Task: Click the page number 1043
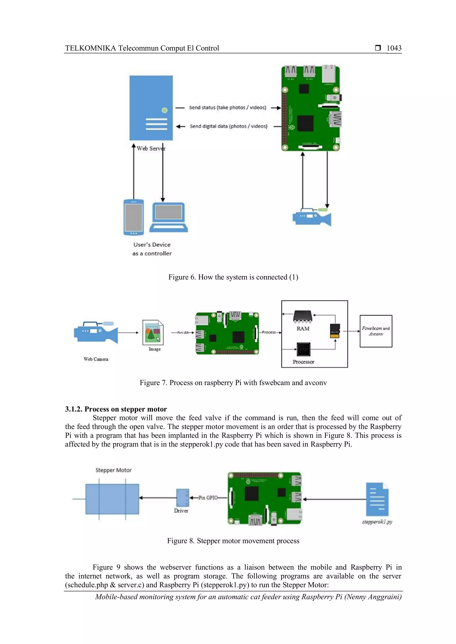(394, 48)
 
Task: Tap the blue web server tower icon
(151, 108)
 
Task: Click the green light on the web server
(165, 110)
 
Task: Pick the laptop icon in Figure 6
(169, 217)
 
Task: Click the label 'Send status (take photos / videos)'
(227, 107)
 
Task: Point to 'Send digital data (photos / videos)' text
(229, 126)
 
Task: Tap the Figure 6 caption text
(233, 277)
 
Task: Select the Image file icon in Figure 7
(153, 332)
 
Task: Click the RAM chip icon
(302, 316)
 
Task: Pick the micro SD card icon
(335, 331)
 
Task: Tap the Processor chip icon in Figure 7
(303, 349)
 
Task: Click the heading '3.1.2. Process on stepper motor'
(116, 409)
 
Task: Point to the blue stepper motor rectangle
(112, 499)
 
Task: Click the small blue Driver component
(183, 498)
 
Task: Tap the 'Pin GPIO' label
(208, 498)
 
